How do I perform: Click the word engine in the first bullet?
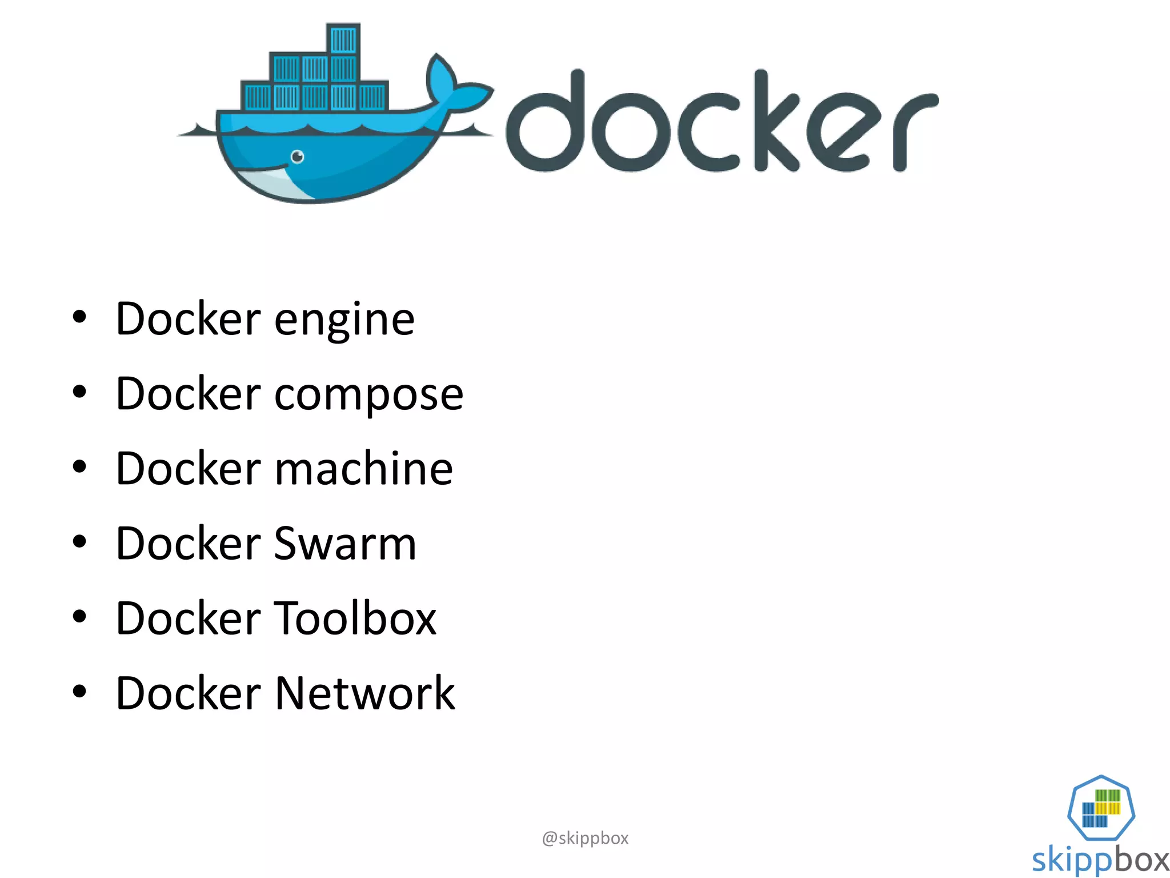pyautogui.click(x=344, y=320)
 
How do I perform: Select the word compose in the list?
pyautogui.click(x=368, y=395)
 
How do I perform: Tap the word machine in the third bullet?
pyautogui.click(x=364, y=469)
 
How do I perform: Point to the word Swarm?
pyautogui.click(x=345, y=544)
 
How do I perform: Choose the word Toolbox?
pyautogui.click(x=355, y=618)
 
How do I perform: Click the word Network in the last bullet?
pyautogui.click(x=365, y=693)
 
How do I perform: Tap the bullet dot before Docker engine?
pyautogui.click(x=79, y=317)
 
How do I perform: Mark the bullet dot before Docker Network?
pyautogui.click(x=79, y=691)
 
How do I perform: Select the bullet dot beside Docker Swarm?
pyautogui.click(x=79, y=541)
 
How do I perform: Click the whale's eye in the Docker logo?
pyautogui.click(x=297, y=156)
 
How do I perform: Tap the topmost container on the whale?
pyautogui.click(x=343, y=39)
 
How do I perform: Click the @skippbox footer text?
pyautogui.click(x=585, y=838)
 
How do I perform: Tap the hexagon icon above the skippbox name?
pyautogui.click(x=1101, y=807)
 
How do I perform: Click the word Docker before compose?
pyautogui.click(x=188, y=394)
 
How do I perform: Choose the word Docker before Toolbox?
pyautogui.click(x=188, y=618)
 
